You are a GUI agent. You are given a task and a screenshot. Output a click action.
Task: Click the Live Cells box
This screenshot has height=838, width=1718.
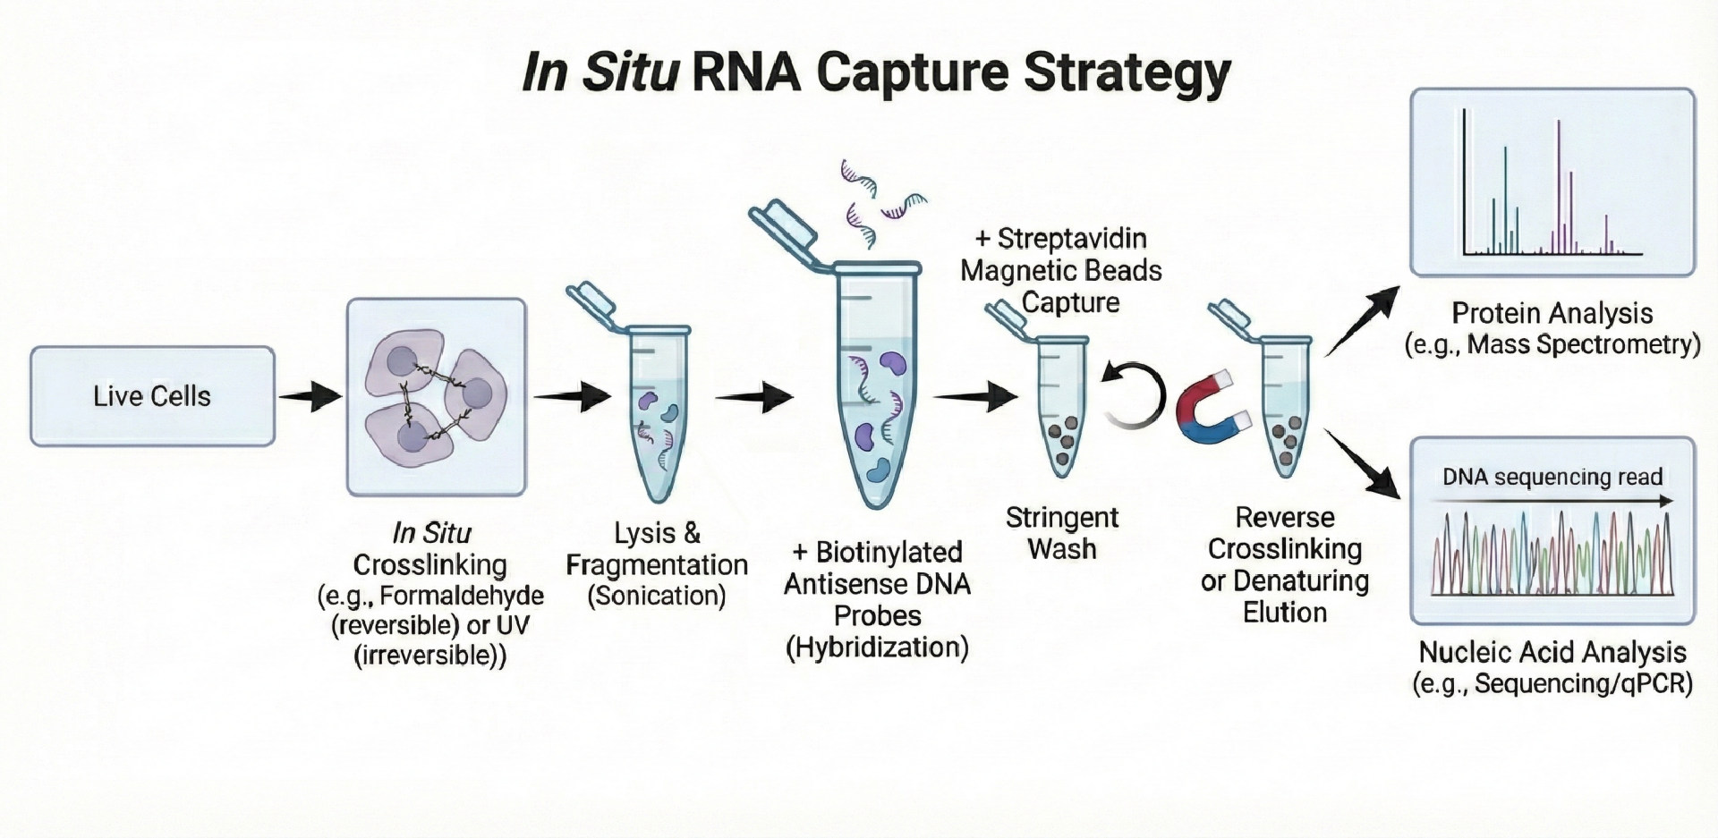[x=152, y=396]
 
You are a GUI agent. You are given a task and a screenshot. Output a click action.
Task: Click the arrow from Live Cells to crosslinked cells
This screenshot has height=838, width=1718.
[x=310, y=396]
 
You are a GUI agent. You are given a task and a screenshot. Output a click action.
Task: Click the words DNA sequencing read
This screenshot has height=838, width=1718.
[x=1552, y=477]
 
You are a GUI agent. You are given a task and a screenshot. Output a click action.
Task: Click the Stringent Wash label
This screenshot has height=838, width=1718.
[x=1062, y=533]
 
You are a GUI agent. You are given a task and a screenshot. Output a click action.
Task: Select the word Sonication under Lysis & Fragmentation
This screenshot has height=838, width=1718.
[x=657, y=596]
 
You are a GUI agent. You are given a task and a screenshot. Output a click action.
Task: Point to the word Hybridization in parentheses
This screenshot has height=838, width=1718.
[x=877, y=648]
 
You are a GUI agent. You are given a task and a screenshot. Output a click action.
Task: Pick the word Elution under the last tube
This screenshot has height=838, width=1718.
[x=1285, y=613]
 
